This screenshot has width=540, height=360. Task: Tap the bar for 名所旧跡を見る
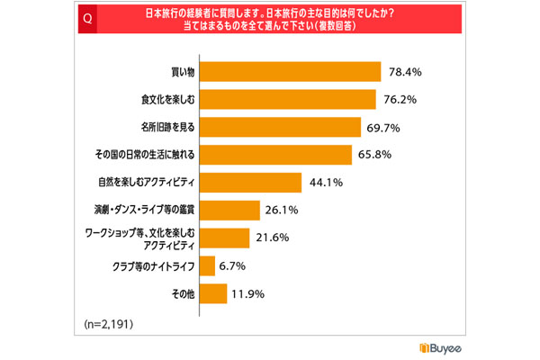click(x=281, y=126)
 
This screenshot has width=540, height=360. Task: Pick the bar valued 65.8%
click(x=276, y=154)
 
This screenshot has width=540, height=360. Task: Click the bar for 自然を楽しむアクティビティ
click(x=251, y=182)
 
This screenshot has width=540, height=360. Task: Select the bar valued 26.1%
click(x=229, y=210)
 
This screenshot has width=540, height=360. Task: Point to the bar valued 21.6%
click(x=224, y=238)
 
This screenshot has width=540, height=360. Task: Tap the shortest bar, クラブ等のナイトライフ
click(x=207, y=265)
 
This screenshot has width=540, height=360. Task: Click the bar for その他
click(x=212, y=293)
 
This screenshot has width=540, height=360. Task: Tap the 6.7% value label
click(x=233, y=265)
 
